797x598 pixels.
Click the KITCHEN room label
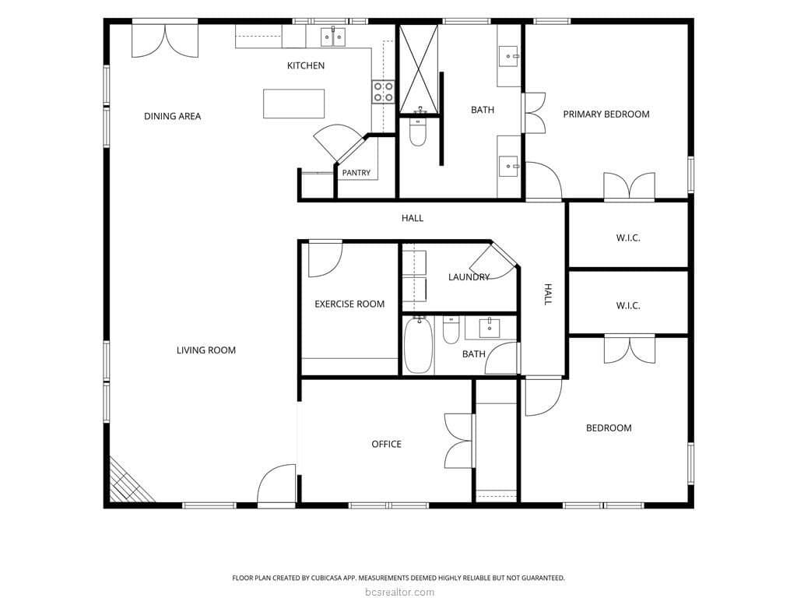[305, 65]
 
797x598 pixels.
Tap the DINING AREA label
[172, 117]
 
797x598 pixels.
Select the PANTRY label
[356, 173]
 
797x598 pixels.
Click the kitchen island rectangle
[293, 104]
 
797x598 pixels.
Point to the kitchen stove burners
[383, 92]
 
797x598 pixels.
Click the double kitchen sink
[333, 37]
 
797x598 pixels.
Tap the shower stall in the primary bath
[418, 69]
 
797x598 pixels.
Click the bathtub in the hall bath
[418, 345]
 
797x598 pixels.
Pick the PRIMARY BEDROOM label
[606, 114]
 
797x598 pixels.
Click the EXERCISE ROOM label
[349, 304]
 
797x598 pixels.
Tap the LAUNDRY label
[469, 277]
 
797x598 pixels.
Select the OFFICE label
[386, 445]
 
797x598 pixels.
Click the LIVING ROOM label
[205, 350]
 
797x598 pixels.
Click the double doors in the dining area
[165, 40]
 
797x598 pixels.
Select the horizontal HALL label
[413, 218]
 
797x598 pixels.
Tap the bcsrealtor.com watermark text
[399, 592]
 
